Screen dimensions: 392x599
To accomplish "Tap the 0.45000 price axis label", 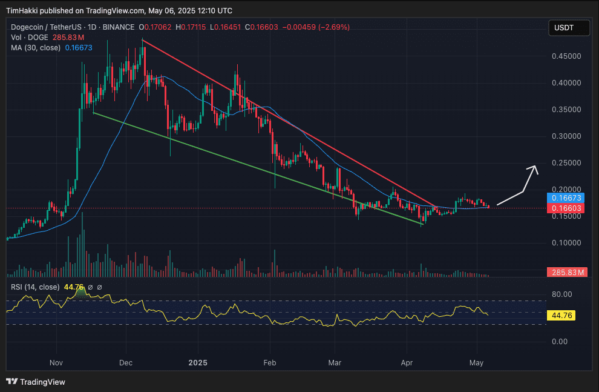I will pos(567,56).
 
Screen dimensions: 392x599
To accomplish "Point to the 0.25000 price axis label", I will pos(567,163).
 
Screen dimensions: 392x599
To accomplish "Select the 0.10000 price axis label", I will pos(567,243).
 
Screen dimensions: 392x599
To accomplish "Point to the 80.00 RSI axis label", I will pos(561,295).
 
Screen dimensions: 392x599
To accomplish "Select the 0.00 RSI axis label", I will pos(561,342).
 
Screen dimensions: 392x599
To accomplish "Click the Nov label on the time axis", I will pos(56,364).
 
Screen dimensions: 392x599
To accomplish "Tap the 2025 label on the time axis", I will pos(198,364).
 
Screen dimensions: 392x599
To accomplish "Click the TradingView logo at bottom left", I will pos(36,382).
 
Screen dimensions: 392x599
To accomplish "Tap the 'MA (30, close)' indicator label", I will pos(36,47).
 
